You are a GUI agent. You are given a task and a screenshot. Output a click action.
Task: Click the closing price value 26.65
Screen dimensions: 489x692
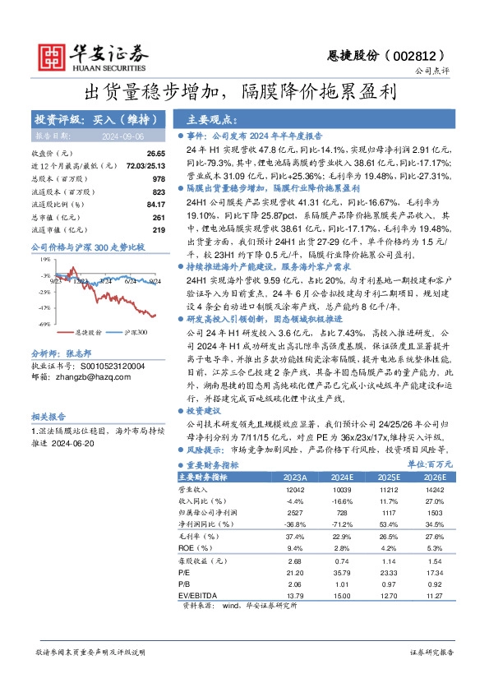[156, 154]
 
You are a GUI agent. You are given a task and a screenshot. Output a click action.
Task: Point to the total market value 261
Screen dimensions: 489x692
[159, 217]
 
